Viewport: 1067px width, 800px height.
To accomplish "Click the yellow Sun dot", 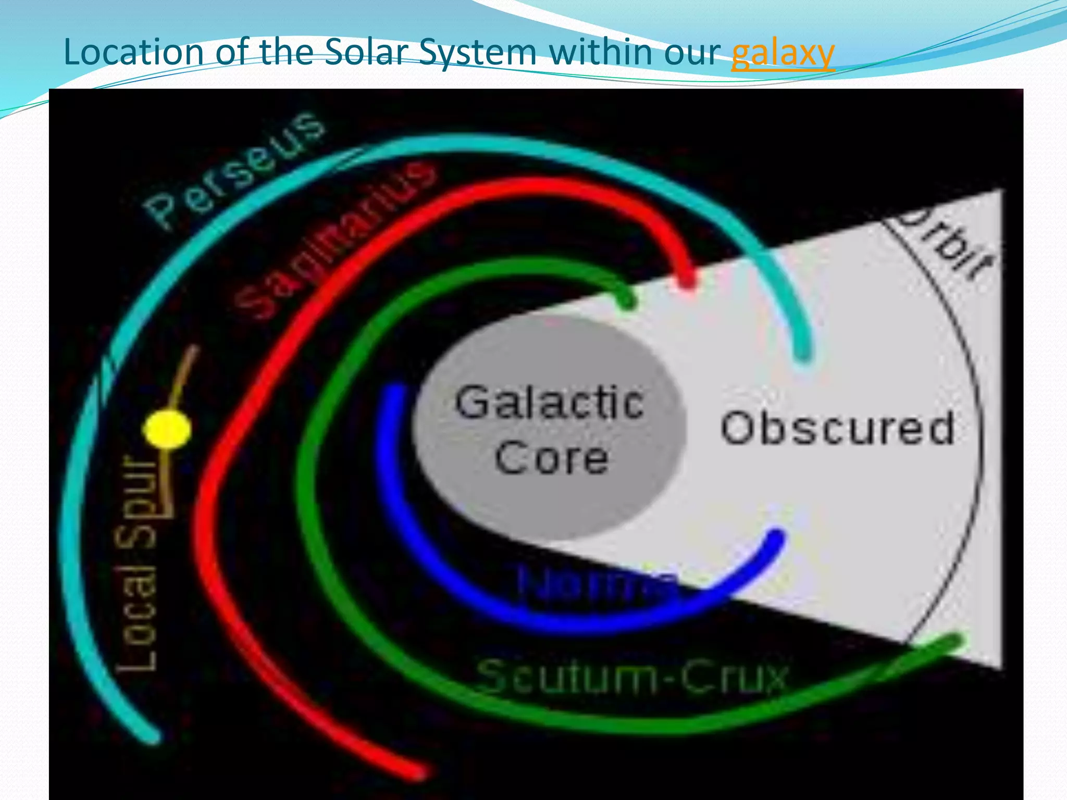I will coord(167,429).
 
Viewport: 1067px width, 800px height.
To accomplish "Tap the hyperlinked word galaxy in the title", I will coord(783,53).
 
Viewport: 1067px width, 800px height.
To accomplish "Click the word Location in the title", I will coord(133,52).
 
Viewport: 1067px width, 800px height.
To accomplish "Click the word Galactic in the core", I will coord(550,402).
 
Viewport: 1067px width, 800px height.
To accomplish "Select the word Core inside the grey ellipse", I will coord(551,458).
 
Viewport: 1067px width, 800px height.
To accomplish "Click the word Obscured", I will coord(837,428).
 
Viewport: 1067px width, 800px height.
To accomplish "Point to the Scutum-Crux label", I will coord(632,676).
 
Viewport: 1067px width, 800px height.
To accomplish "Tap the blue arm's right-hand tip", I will coord(776,538).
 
